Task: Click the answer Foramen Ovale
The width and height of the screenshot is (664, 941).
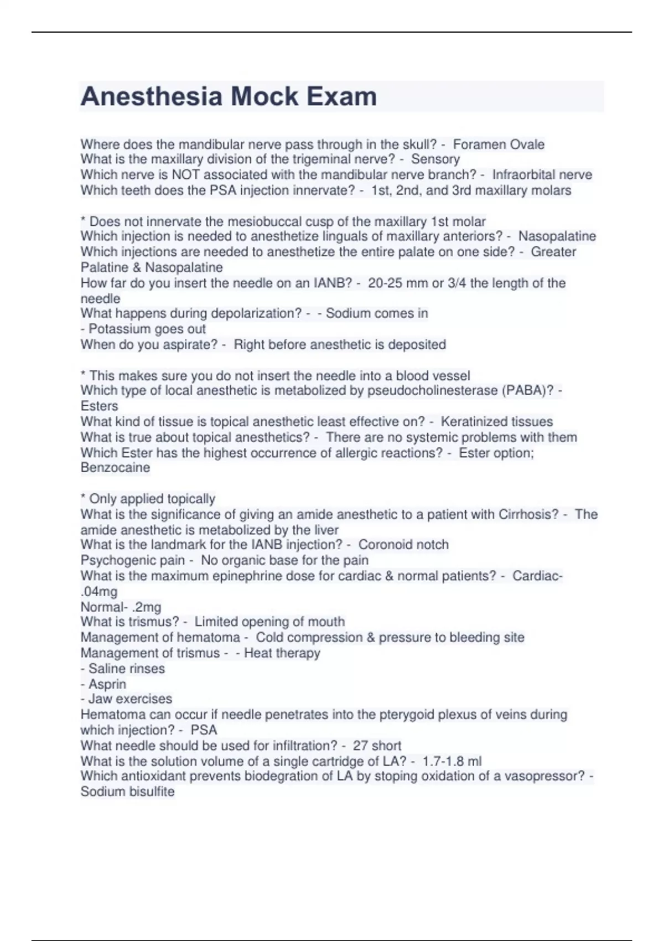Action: click(499, 144)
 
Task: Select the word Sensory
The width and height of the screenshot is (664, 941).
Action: click(435, 159)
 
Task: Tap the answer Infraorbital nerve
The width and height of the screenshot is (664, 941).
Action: click(542, 175)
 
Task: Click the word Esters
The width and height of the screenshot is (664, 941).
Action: click(100, 406)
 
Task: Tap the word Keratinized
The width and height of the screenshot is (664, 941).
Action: click(472, 422)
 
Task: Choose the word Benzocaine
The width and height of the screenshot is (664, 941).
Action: click(115, 468)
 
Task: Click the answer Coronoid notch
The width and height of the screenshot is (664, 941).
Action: click(403, 545)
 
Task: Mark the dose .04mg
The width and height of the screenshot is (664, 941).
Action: click(99, 592)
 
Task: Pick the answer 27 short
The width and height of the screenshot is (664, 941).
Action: click(377, 746)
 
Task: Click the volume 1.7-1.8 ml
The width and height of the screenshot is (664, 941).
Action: click(452, 761)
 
